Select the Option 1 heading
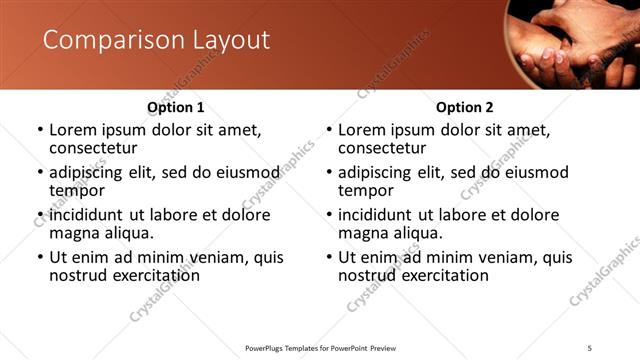pos(176,107)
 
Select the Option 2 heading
pos(465,107)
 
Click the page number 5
pos(590,347)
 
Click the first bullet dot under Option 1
pos(40,131)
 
